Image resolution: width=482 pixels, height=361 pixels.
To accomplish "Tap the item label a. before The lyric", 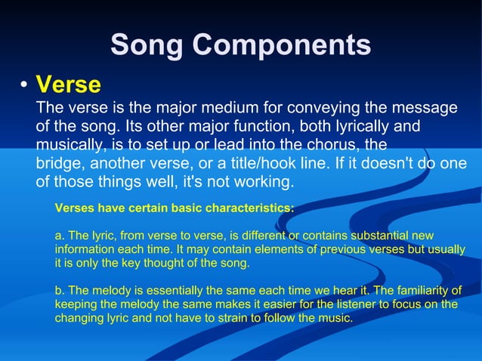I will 60,236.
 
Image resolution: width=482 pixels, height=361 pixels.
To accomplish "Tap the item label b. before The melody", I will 60,291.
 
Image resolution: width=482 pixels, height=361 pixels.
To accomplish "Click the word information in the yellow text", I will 84,250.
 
